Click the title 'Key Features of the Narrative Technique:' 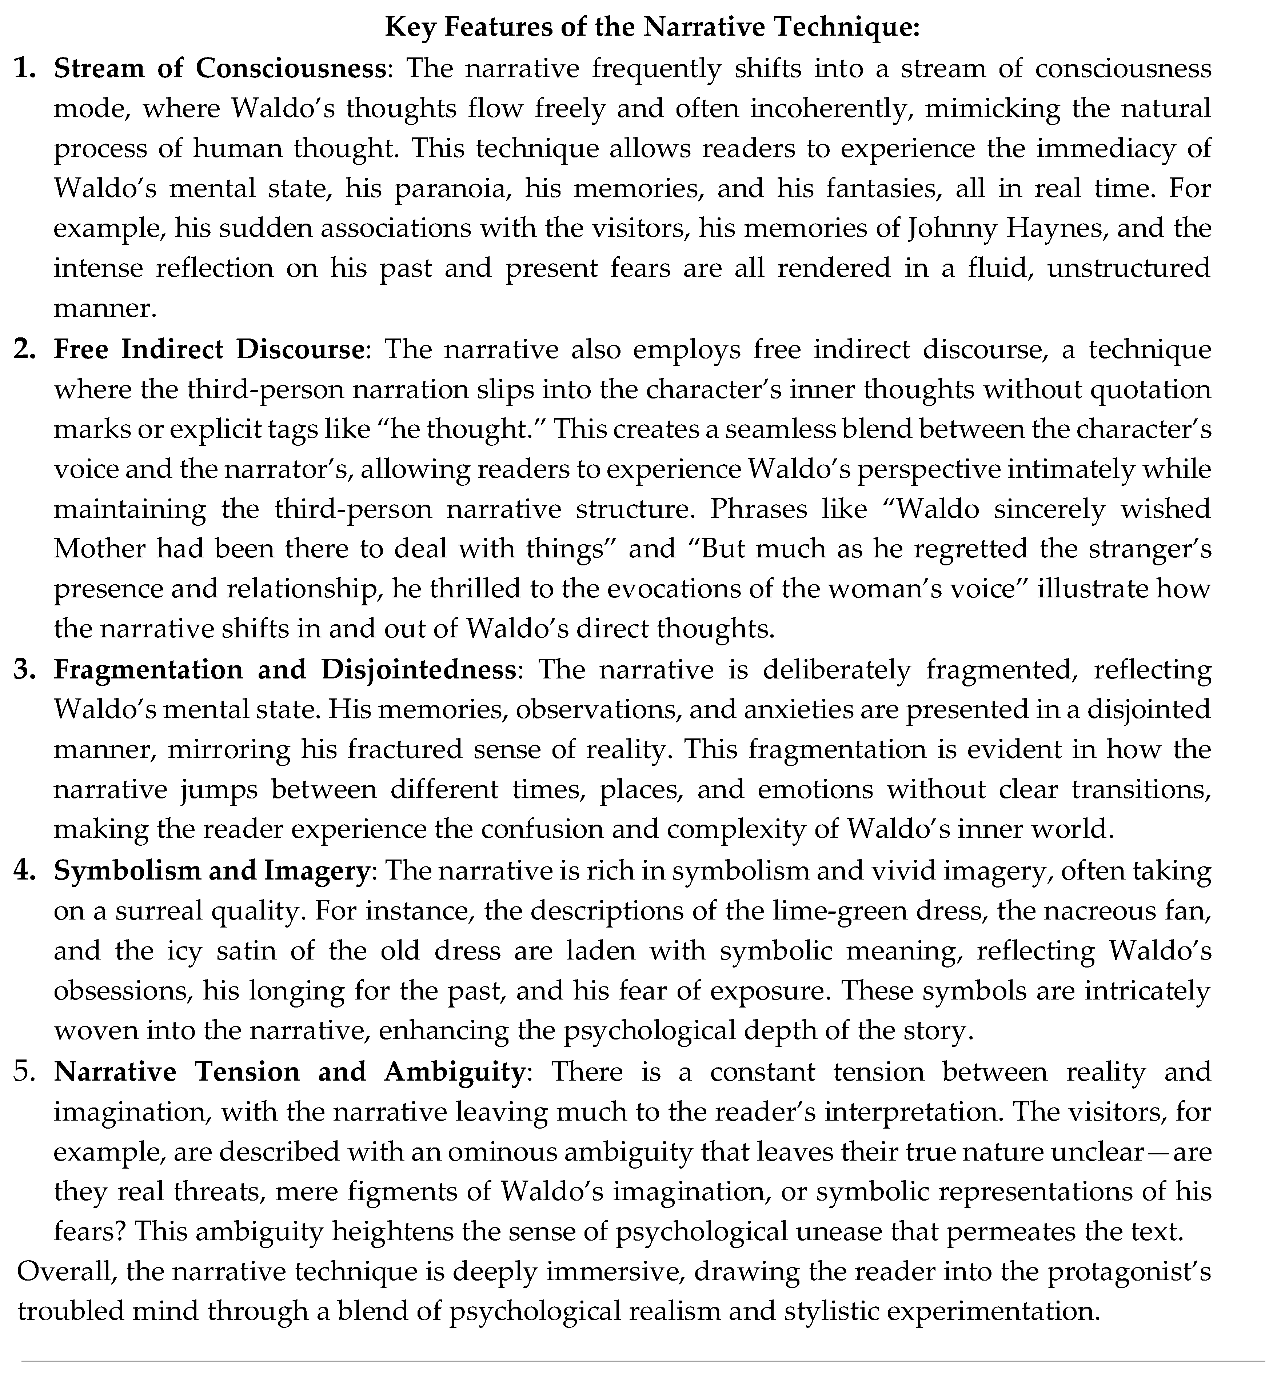click(651, 27)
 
